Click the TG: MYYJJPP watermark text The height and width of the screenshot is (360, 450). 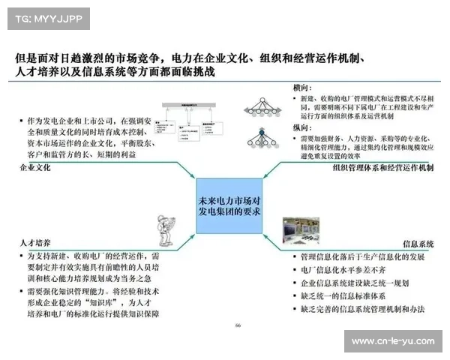click(46, 18)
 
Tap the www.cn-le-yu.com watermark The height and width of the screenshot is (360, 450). click(392, 341)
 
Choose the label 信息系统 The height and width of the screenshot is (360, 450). click(418, 244)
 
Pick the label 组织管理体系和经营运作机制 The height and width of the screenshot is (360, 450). click(382, 168)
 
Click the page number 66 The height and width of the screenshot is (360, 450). click(238, 325)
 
